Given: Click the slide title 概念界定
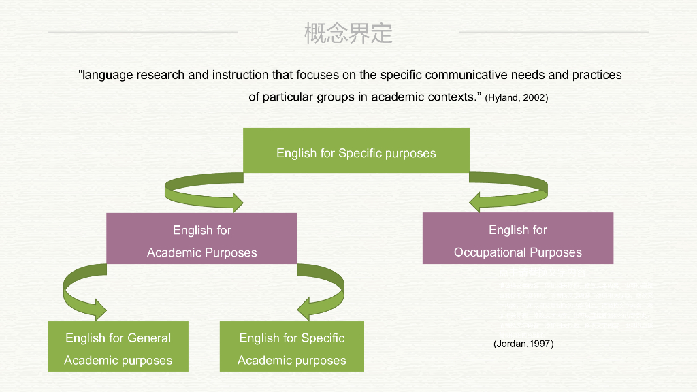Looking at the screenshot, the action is point(348,33).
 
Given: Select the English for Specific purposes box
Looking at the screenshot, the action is point(356,150).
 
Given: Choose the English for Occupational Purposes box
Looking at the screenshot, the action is point(517,238).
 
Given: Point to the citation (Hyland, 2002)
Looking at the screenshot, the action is point(516,97).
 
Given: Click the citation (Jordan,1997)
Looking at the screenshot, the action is point(523,344).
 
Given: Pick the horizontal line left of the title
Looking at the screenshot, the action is point(143,31).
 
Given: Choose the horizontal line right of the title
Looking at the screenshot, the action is point(554,31).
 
